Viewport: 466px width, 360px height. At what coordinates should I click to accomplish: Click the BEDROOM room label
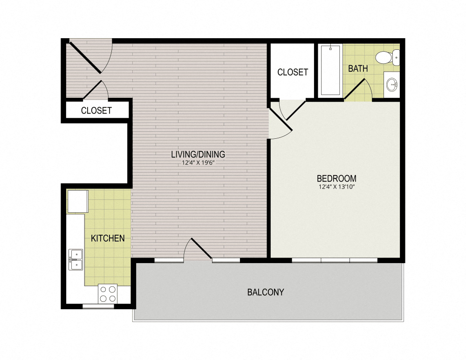[336, 178]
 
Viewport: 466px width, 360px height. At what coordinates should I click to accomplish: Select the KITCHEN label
[108, 238]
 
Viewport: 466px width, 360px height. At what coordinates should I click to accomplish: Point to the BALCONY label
[266, 292]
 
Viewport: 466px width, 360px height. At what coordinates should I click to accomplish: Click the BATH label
[358, 68]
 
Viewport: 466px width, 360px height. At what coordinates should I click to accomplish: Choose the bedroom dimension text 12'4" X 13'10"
[336, 187]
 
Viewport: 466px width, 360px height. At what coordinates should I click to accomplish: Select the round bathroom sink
[392, 85]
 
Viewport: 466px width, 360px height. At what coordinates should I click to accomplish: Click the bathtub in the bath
[330, 70]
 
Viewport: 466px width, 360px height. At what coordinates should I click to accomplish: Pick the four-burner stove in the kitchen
[108, 294]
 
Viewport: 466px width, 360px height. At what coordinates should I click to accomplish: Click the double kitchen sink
[75, 259]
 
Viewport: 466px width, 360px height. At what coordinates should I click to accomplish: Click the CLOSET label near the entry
[96, 110]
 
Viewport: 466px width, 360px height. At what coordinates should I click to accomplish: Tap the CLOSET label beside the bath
[293, 72]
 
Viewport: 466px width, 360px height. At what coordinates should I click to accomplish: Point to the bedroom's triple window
[335, 260]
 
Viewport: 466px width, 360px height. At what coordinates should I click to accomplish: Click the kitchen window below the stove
[98, 306]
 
